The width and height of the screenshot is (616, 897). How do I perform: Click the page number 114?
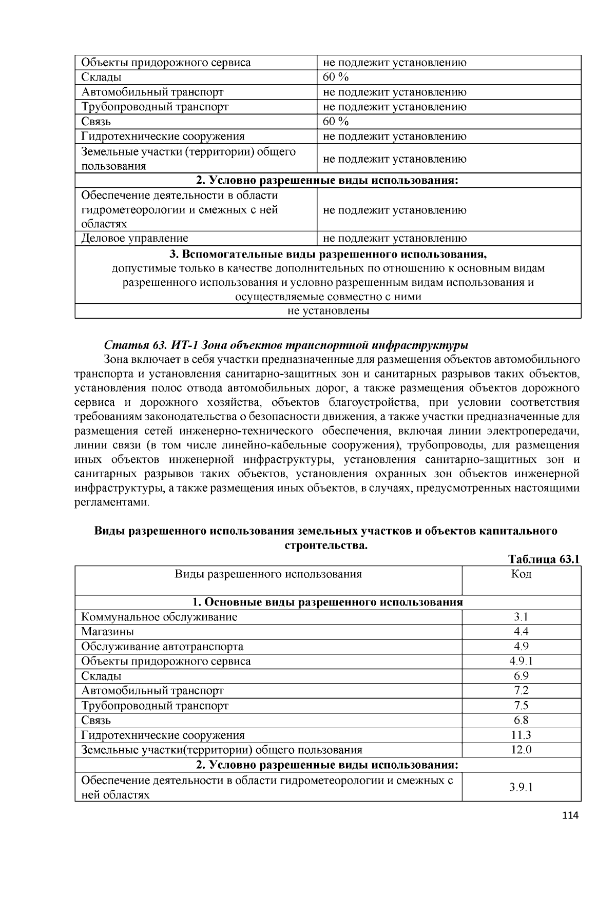pyautogui.click(x=570, y=815)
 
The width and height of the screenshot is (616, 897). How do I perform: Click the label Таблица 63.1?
pyautogui.click(x=544, y=559)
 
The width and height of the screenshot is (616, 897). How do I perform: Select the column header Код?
pyautogui.click(x=521, y=574)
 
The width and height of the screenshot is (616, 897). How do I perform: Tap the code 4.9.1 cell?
pyautogui.click(x=521, y=661)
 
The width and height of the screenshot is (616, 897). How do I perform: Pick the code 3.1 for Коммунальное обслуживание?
pyautogui.click(x=521, y=617)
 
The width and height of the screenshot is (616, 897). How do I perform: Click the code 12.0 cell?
pyautogui.click(x=521, y=750)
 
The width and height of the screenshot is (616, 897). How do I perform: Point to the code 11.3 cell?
pyautogui.click(x=521, y=735)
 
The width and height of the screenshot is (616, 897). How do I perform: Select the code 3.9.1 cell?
pyautogui.click(x=521, y=787)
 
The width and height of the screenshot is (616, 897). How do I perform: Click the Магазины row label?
pyautogui.click(x=107, y=632)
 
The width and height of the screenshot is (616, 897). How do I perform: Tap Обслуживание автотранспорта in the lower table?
pyautogui.click(x=162, y=647)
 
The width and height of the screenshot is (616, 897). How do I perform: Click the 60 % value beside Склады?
pyautogui.click(x=336, y=77)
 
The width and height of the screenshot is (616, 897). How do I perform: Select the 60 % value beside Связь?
pyautogui.click(x=336, y=121)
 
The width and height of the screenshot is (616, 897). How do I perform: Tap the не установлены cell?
pyautogui.click(x=328, y=311)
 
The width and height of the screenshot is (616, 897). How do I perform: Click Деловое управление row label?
pyautogui.click(x=134, y=238)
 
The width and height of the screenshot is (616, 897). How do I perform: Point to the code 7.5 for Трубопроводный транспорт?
pyautogui.click(x=521, y=706)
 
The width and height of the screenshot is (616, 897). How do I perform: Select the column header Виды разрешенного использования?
pyautogui.click(x=268, y=574)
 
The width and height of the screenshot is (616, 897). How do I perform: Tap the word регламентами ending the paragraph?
pyautogui.click(x=111, y=502)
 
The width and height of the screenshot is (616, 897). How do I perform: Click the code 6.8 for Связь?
pyautogui.click(x=521, y=720)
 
